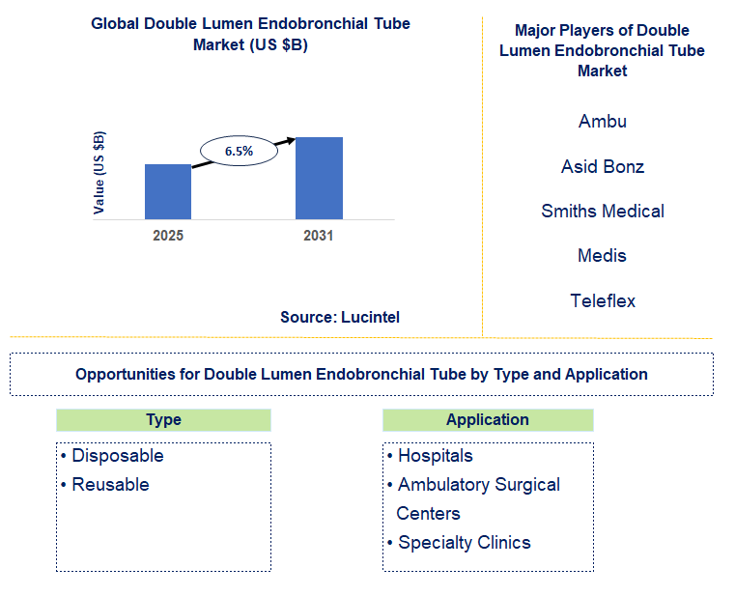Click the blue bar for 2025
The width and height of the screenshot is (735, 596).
coord(167,191)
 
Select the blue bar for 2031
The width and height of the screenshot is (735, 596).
coord(319,178)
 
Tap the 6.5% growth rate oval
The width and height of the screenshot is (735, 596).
coord(239,151)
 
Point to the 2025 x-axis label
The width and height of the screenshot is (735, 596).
coord(168,236)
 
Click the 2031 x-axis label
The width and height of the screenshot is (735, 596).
coord(318,236)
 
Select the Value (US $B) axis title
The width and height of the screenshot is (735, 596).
coord(99,172)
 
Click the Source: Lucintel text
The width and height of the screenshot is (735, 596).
coord(340,317)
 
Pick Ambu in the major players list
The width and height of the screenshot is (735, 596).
coord(603,122)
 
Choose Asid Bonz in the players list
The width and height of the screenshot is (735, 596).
coord(603,166)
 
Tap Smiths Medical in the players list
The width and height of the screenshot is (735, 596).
coord(603,211)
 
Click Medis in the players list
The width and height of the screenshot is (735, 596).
coord(603,256)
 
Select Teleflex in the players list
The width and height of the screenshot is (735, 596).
coord(603,300)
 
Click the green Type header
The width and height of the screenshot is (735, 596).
coord(163,419)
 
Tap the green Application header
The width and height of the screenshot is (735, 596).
coord(488,419)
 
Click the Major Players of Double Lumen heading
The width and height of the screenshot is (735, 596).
coord(602,50)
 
